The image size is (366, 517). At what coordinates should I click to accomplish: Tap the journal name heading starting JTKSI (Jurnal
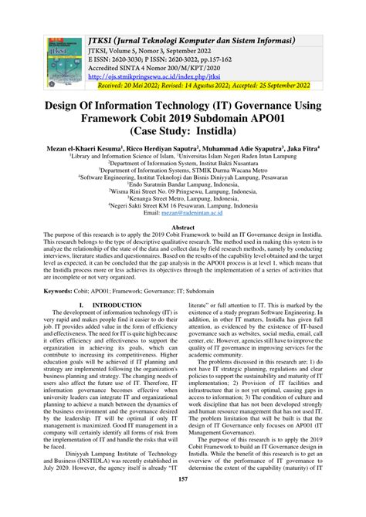click(x=192, y=39)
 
